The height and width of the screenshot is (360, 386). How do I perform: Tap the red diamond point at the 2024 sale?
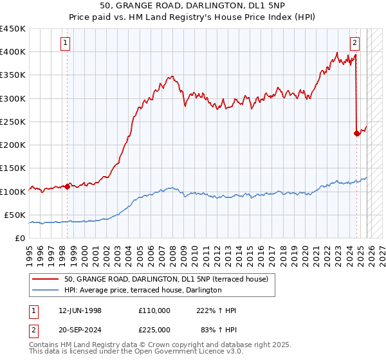coord(356,134)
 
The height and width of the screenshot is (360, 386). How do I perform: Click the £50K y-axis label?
coord(15,215)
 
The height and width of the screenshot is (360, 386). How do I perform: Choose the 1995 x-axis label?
coord(30,251)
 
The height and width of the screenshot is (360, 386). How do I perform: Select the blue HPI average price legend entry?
coord(143,290)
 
